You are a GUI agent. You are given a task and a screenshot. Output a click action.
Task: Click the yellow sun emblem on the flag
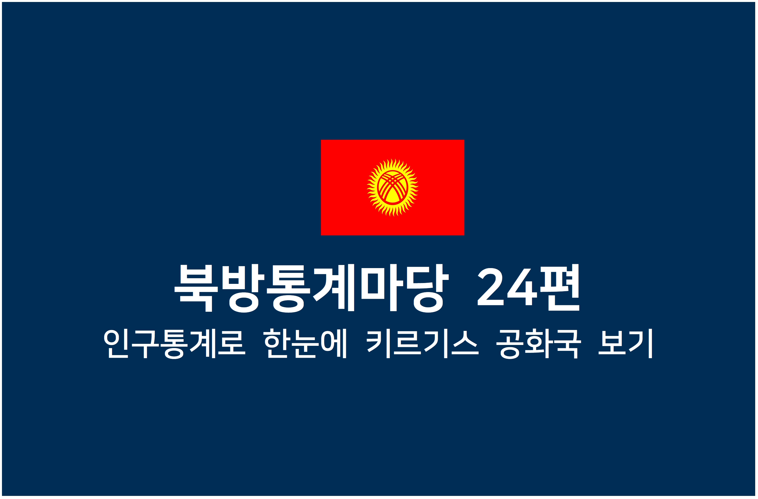tap(393, 187)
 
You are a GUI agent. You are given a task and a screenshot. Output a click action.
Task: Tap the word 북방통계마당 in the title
tap(312, 288)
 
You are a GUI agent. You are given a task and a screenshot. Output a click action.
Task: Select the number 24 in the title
tap(507, 287)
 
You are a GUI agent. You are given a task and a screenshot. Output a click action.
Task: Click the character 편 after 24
tap(560, 288)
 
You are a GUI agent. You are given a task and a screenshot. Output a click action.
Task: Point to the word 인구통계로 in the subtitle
tap(175, 344)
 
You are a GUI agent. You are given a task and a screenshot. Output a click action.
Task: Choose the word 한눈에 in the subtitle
tap(305, 344)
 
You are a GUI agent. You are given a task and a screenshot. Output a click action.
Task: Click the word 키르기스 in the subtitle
tap(422, 344)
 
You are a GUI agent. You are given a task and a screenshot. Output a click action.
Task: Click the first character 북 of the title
tap(196, 288)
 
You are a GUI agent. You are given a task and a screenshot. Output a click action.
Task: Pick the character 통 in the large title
tap(289, 288)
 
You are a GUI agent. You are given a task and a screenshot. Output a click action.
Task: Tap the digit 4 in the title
tap(522, 287)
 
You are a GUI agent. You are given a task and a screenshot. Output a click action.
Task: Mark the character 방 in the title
tap(243, 288)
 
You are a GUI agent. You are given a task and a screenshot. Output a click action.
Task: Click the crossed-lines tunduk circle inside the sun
tap(393, 187)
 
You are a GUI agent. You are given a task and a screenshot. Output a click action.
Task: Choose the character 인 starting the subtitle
tap(116, 344)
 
